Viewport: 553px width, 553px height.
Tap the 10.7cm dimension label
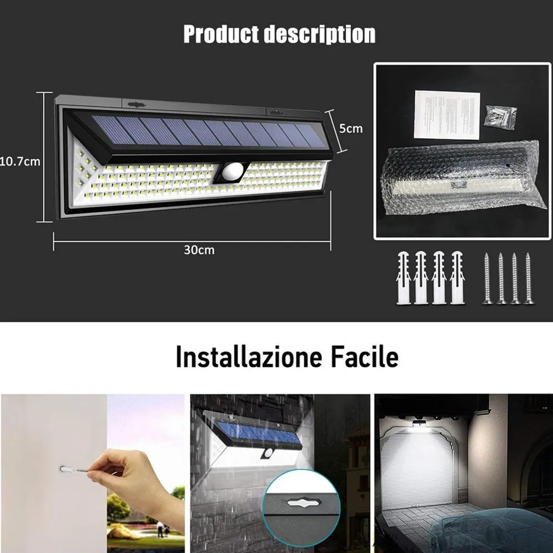click(20, 162)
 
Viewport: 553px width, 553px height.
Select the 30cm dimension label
click(199, 250)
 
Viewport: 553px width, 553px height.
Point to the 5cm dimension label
click(350, 128)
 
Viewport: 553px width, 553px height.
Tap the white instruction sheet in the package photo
click(446, 114)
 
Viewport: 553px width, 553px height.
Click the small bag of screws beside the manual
click(500, 117)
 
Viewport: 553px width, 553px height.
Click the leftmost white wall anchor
click(404, 277)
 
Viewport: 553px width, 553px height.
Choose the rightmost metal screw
click(529, 278)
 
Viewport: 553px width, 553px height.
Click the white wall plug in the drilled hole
click(66, 470)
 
